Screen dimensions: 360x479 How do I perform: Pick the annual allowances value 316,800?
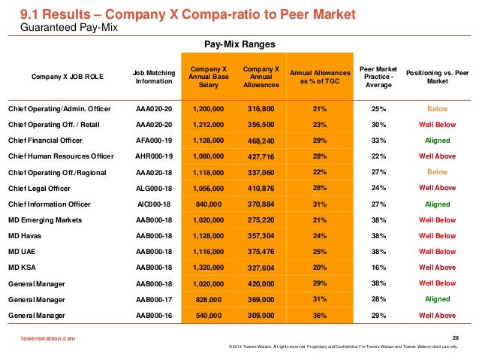pos(260,109)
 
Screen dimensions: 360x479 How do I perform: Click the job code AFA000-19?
pos(154,141)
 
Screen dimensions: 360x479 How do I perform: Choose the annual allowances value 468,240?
pos(260,141)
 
